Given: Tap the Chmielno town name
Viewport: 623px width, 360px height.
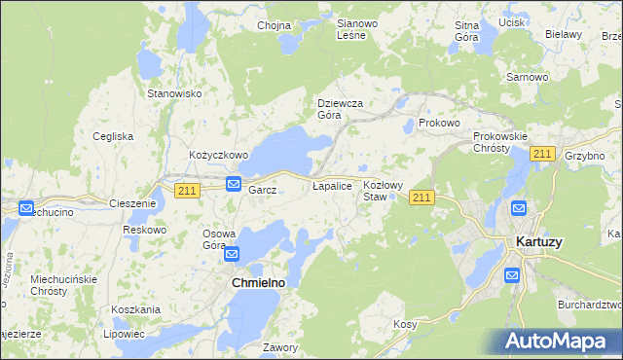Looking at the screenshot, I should point(257,282).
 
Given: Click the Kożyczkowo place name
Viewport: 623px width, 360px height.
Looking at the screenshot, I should point(219,155).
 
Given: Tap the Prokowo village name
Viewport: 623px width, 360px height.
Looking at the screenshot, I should point(438,124).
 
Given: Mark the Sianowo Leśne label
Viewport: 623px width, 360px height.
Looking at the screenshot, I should point(350,29).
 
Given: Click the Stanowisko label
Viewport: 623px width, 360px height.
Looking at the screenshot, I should point(173,93).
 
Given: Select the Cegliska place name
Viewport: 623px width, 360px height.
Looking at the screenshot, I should point(113,136).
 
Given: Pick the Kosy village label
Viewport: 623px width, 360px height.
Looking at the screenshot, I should point(405,323).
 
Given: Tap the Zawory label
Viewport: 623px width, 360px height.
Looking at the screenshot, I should point(279,346).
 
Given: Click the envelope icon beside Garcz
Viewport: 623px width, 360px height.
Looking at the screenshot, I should point(234,184).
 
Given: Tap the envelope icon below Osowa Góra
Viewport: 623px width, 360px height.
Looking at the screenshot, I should point(233,255).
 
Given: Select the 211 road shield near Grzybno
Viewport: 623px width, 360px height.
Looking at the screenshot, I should point(543,155).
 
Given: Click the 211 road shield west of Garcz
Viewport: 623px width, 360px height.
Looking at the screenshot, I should point(188,191).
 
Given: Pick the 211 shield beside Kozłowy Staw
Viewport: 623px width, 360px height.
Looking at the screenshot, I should point(421,198).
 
